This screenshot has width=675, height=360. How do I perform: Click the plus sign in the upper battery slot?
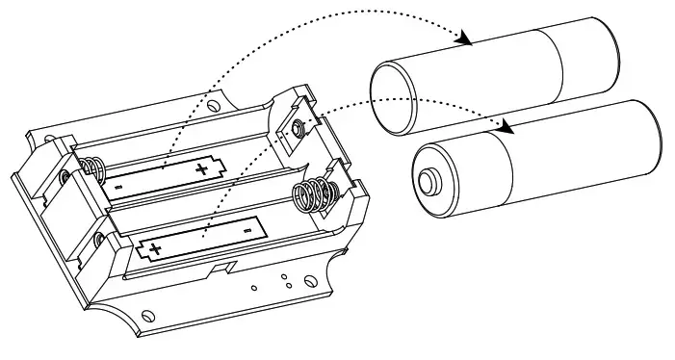pos(201,170)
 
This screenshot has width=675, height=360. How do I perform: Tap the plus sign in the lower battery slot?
pos(155,250)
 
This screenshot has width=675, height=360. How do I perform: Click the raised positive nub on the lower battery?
pos(426,180)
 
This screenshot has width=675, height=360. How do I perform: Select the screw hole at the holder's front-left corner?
pos(146,315)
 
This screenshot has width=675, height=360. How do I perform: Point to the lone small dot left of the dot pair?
pos(253,286)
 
